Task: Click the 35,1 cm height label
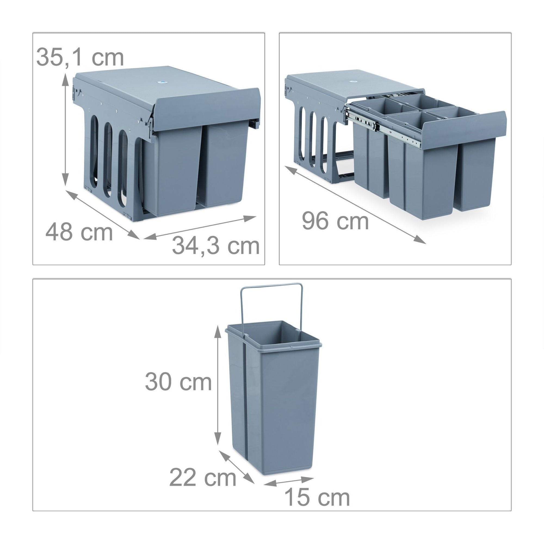coord(80,57)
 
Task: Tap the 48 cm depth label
coord(79,232)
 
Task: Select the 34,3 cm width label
coord(216,246)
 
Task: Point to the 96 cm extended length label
coord(335,221)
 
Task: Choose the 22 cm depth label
coord(203,478)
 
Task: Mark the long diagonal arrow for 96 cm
coord(355,205)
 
